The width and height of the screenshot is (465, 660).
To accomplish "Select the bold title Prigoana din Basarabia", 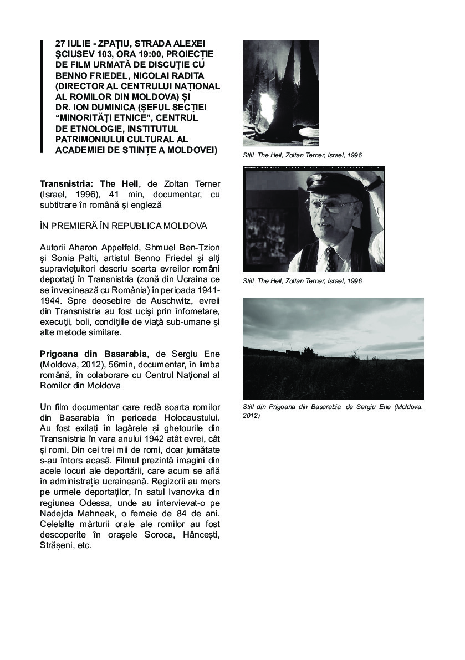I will pos(94,354).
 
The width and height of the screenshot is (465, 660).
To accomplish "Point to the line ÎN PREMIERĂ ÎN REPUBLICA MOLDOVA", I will pos(123,226).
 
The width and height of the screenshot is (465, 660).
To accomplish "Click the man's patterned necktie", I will pos(331,257).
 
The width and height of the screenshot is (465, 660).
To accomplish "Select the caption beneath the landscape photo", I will pos(333,411).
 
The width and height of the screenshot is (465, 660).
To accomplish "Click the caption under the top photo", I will pos(302,155).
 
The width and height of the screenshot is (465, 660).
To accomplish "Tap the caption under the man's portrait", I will pos(302,281).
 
